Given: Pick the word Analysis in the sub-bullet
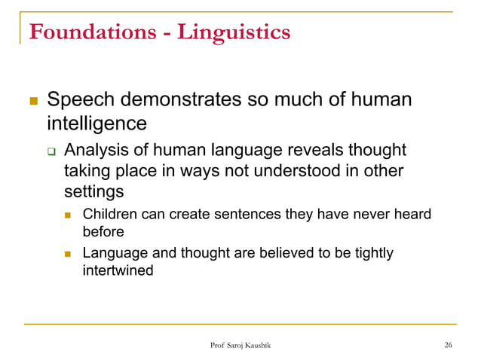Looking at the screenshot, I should [x=93, y=150].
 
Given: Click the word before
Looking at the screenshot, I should [x=103, y=232].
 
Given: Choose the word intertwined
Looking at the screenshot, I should [x=118, y=269].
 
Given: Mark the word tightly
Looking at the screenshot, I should [x=372, y=253].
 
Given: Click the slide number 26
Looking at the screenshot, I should [x=449, y=345].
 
